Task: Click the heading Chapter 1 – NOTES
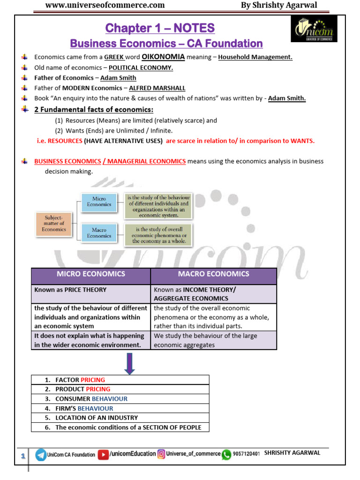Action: coord(160,28)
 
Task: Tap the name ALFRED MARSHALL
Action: coord(157,88)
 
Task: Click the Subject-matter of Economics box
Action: coord(54,223)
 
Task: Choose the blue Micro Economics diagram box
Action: coord(99,202)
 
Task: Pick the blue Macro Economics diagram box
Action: coord(99,233)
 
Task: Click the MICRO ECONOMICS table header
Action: coord(91,274)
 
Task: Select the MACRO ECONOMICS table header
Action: coord(213,274)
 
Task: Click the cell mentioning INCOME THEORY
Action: coord(213,294)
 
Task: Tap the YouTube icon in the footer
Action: coord(103,454)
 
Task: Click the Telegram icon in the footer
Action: coord(41,454)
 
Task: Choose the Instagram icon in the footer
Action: coord(161,454)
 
